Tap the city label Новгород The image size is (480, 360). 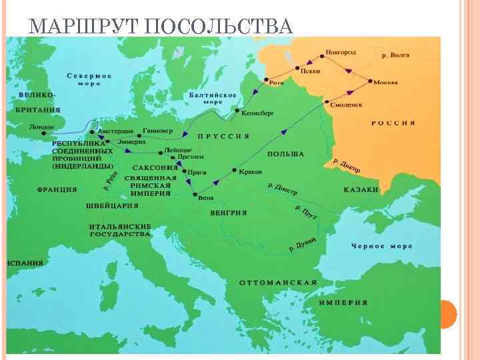[x=341, y=52]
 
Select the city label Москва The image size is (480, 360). [x=385, y=82]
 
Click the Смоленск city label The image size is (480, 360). [x=346, y=105]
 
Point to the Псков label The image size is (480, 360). [x=310, y=71]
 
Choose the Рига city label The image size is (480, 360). [x=276, y=82]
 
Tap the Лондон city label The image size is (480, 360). [x=42, y=126]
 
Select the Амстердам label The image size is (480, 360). [x=115, y=130]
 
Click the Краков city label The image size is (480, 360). [x=250, y=171]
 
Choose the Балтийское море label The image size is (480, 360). [x=213, y=99]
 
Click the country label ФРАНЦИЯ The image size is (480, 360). [x=57, y=189]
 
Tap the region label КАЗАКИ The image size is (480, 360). [x=361, y=189]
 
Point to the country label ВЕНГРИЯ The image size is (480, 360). [x=228, y=212]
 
